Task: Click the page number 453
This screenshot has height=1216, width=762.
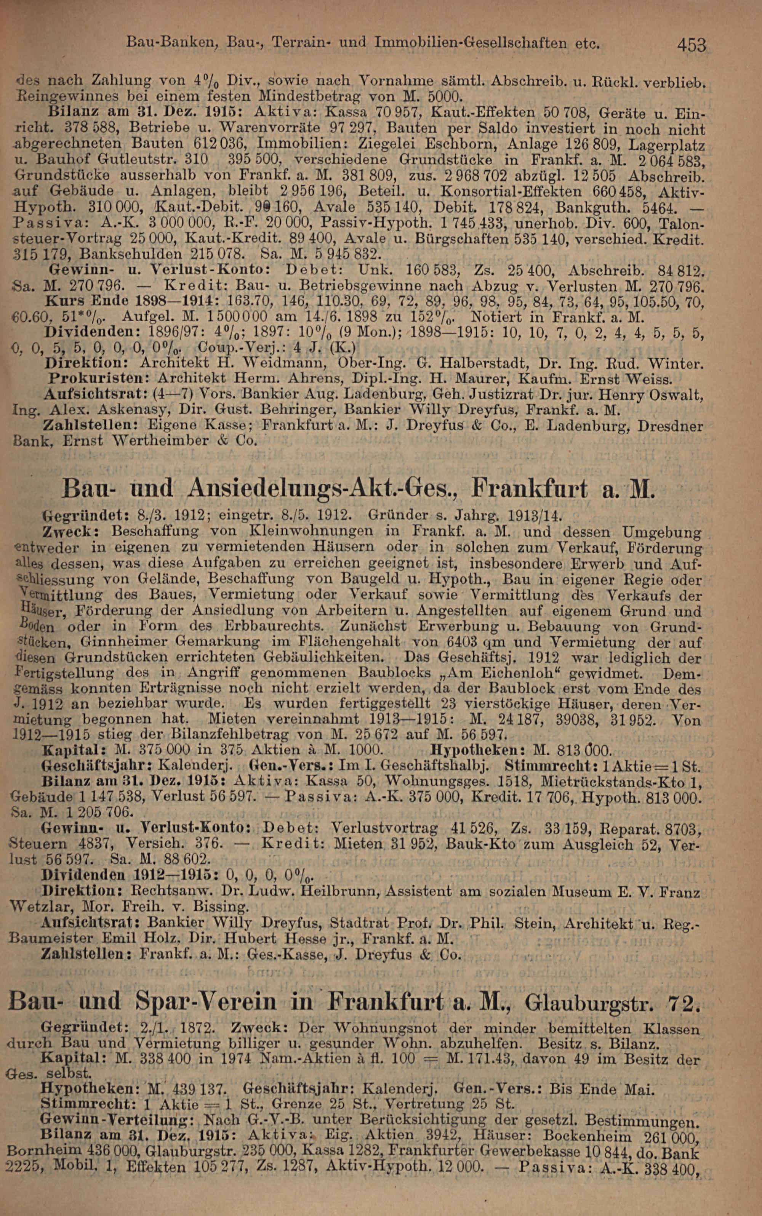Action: [692, 45]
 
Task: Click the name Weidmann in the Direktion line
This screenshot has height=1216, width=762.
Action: [270, 362]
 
